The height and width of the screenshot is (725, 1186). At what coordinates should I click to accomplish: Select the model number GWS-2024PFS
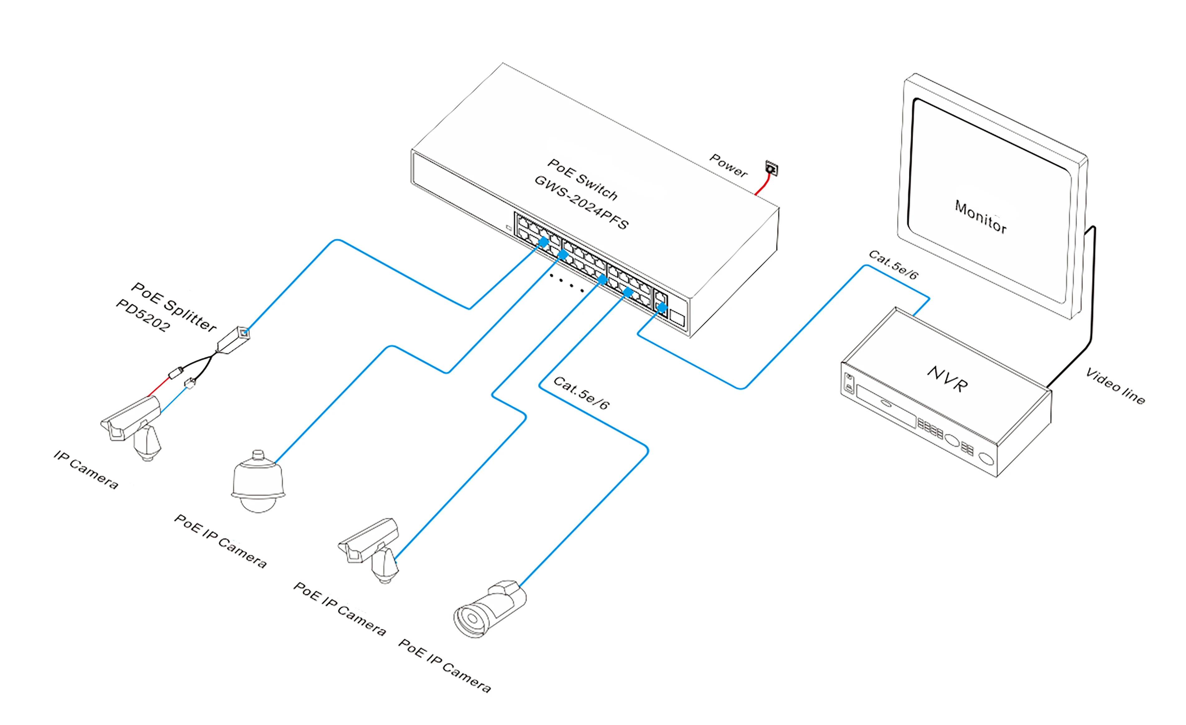pyautogui.click(x=581, y=202)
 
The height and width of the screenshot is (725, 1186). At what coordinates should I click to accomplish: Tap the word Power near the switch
pyautogui.click(x=728, y=165)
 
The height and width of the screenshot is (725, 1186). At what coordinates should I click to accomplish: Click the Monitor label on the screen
pyautogui.click(x=980, y=217)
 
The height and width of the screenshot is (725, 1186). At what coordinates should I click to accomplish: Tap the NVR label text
pyautogui.click(x=947, y=379)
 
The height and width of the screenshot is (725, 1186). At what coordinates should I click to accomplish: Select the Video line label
pyautogui.click(x=1115, y=387)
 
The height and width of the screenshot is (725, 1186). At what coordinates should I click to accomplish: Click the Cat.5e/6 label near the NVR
pyautogui.click(x=893, y=265)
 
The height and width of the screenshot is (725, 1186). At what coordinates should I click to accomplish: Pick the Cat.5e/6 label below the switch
pyautogui.click(x=581, y=393)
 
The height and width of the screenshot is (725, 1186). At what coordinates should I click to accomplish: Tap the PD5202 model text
pyautogui.click(x=143, y=316)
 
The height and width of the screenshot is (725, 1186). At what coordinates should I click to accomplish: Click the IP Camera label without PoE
pyautogui.click(x=86, y=469)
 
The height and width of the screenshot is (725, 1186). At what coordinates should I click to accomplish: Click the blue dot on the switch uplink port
pyautogui.click(x=662, y=307)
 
